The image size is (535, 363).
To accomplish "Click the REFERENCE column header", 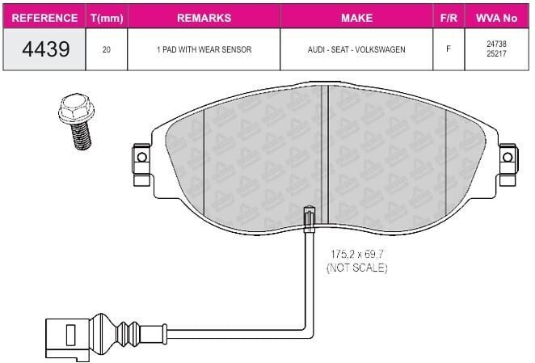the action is tap(44, 18).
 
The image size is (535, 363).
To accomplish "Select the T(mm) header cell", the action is tap(107, 18).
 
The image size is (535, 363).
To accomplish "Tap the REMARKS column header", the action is tap(204, 18).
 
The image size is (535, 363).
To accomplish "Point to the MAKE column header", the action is tap(356, 18).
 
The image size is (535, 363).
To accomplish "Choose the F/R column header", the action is tap(449, 18).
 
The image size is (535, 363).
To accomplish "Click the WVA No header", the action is tap(496, 18).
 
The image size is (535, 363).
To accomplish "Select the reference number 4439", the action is tap(46, 49).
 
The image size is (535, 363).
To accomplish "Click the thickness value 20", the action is tap(107, 50).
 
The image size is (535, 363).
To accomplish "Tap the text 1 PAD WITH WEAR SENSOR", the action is tap(204, 49).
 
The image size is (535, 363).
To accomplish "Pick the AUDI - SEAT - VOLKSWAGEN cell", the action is tap(356, 49).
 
